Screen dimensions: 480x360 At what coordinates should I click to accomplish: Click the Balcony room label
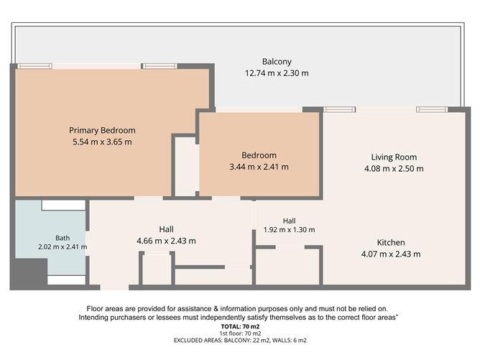pyautogui.click(x=277, y=62)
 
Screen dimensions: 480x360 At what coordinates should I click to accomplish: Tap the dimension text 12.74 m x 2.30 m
pyautogui.click(x=277, y=73)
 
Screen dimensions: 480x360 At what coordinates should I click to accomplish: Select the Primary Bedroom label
pyautogui.click(x=102, y=130)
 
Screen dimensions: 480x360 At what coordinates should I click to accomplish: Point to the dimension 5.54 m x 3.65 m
pyautogui.click(x=102, y=142)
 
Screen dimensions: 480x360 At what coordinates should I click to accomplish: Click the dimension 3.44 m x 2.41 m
pyautogui.click(x=259, y=167)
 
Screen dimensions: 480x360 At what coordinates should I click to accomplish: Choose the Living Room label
pyautogui.click(x=394, y=157)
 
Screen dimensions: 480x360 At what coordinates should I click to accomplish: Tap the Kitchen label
pyautogui.click(x=391, y=243)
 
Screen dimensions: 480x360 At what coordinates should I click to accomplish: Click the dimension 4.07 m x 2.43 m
pyautogui.click(x=391, y=254)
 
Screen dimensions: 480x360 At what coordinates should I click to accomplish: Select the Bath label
pyautogui.click(x=63, y=238)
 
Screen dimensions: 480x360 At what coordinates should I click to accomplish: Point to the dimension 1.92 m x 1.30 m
pyautogui.click(x=290, y=230)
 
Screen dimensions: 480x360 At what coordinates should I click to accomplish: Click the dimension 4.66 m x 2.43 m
pyautogui.click(x=166, y=241)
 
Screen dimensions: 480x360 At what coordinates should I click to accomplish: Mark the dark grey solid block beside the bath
pyautogui.click(x=29, y=273)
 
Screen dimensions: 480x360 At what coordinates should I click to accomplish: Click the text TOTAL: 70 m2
pyautogui.click(x=240, y=327)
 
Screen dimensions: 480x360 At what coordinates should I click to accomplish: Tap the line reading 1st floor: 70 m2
pyautogui.click(x=240, y=333)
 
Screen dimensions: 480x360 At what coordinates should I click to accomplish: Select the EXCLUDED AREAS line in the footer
pyautogui.click(x=240, y=341)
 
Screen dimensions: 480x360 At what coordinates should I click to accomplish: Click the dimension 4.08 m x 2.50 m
pyautogui.click(x=394, y=169)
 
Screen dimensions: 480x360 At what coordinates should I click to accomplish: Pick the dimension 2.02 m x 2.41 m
pyautogui.click(x=63, y=246)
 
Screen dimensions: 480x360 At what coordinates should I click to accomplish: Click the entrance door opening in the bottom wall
pyautogui.click(x=114, y=287)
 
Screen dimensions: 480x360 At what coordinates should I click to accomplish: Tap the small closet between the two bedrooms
pyautogui.click(x=185, y=167)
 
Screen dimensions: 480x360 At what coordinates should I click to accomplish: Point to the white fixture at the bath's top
pyautogui.click(x=63, y=205)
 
